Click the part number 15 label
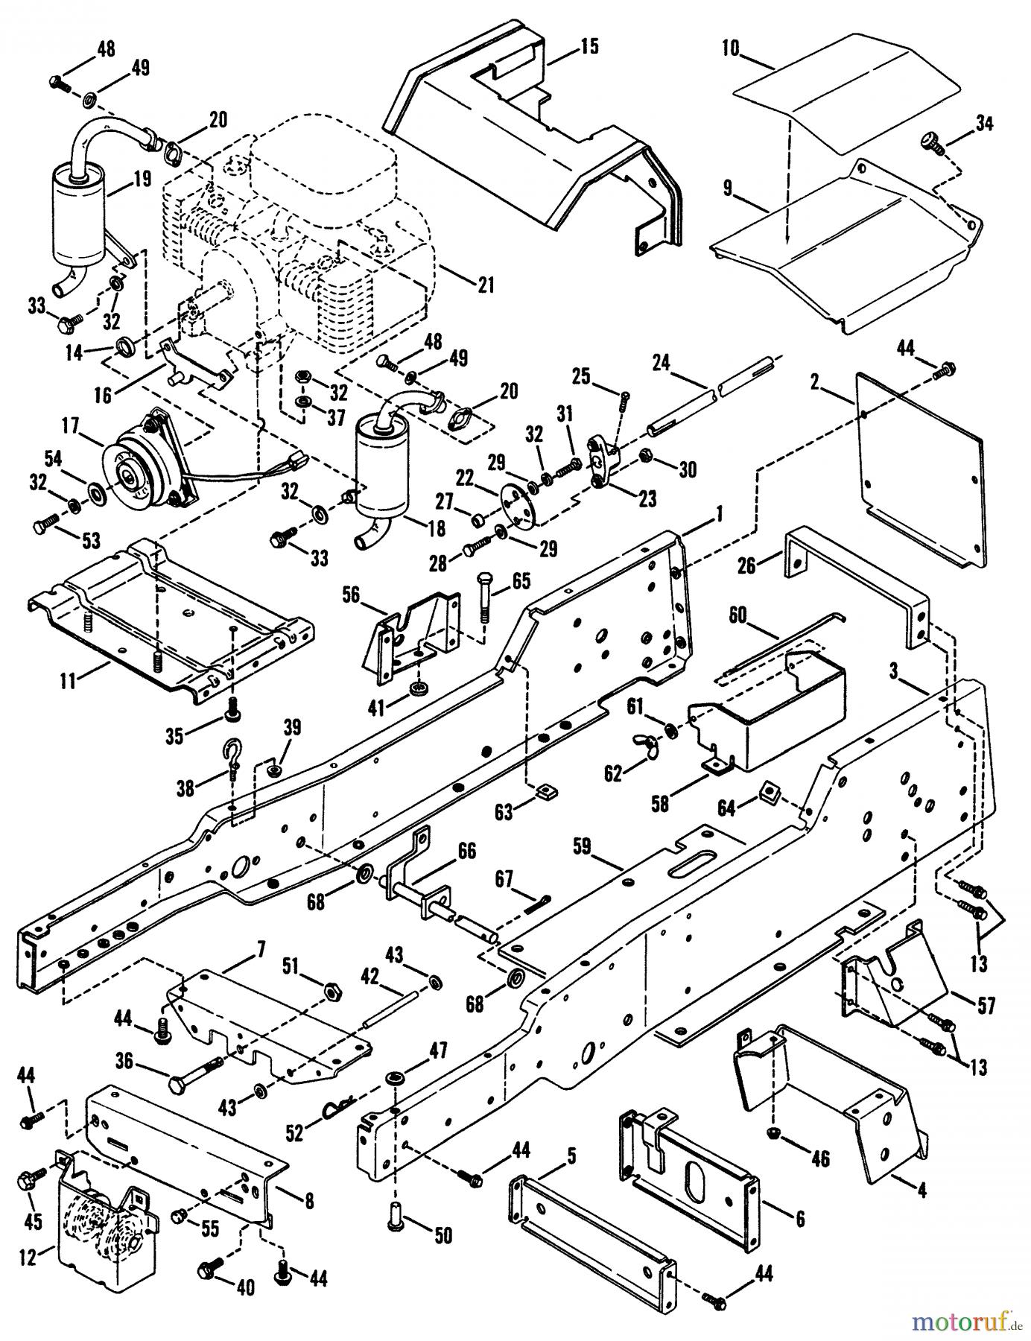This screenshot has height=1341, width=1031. coord(589,46)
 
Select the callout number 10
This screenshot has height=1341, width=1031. coord(730,50)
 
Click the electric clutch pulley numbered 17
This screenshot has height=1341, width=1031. coord(142,463)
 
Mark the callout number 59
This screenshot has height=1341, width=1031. coord(583,846)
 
